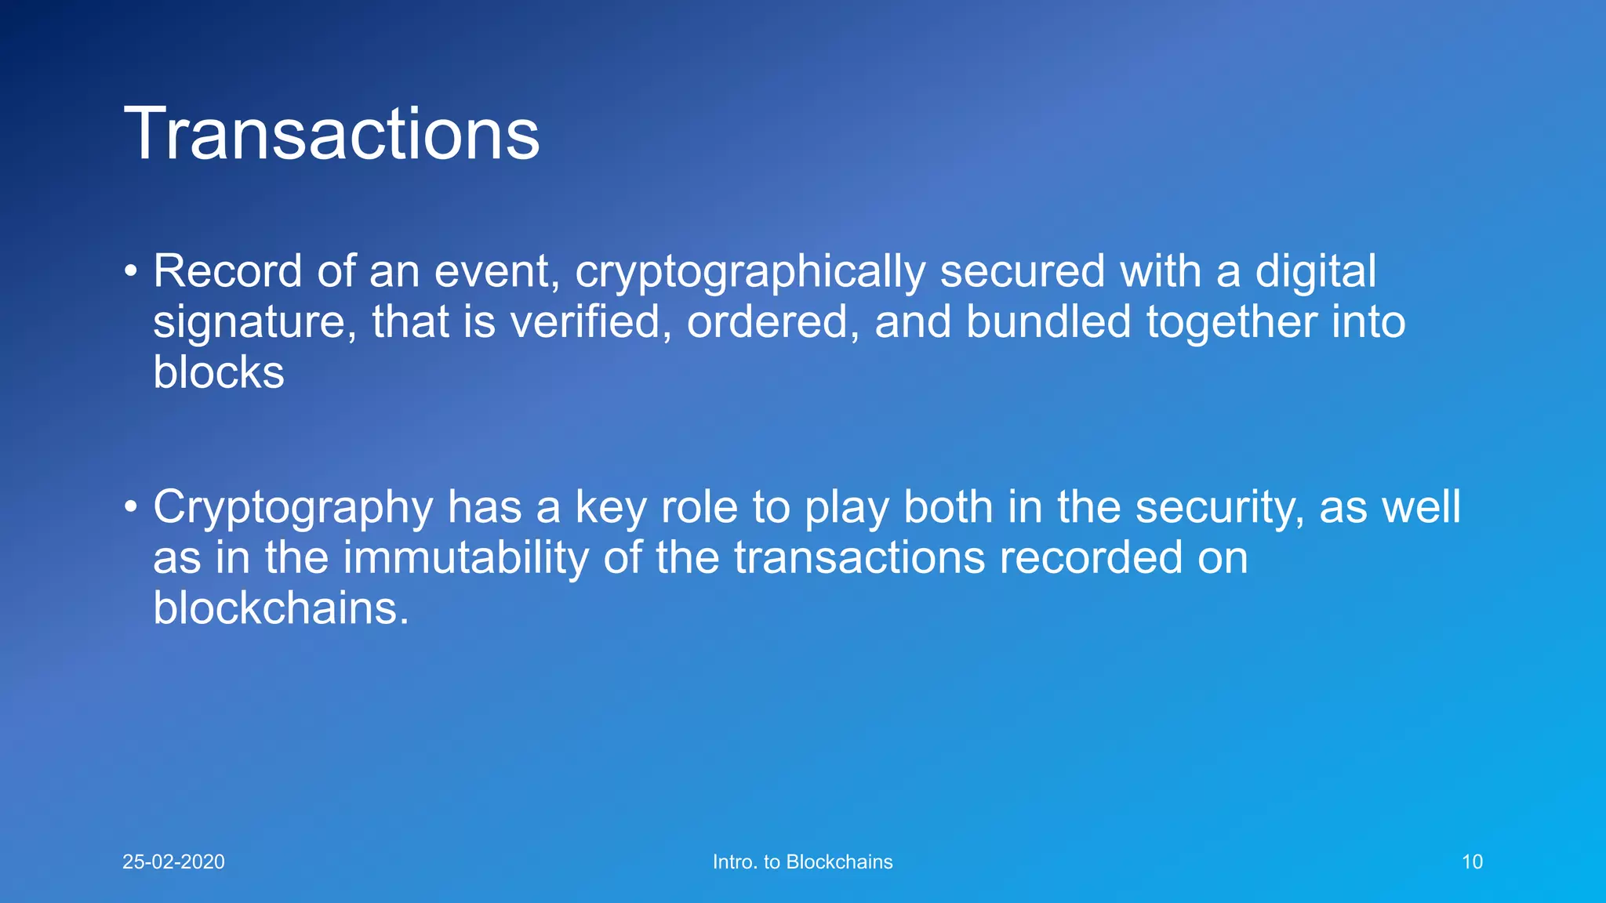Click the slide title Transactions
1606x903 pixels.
332,134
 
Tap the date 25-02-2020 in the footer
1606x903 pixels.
173,861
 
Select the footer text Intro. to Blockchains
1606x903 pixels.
802,861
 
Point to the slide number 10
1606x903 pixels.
1472,861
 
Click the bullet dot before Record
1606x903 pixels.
131,272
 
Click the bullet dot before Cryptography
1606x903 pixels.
131,508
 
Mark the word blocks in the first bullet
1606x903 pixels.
218,372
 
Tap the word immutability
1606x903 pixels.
465,557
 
